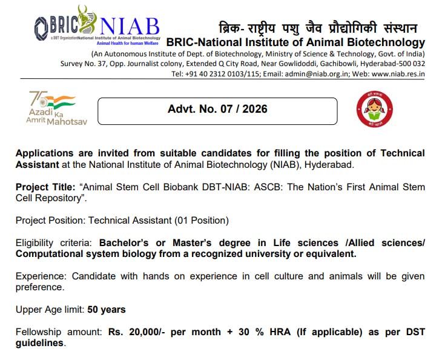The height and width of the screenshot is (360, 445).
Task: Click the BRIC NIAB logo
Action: tap(97, 30)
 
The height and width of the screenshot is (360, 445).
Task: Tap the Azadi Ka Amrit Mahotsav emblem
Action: tap(56, 108)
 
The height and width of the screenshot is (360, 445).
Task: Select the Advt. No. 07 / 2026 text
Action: tap(217, 110)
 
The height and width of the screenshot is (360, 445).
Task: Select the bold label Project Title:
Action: tap(42, 187)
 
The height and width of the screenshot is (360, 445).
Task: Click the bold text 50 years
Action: tap(107, 310)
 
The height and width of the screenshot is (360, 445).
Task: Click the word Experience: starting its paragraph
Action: tap(41, 276)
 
